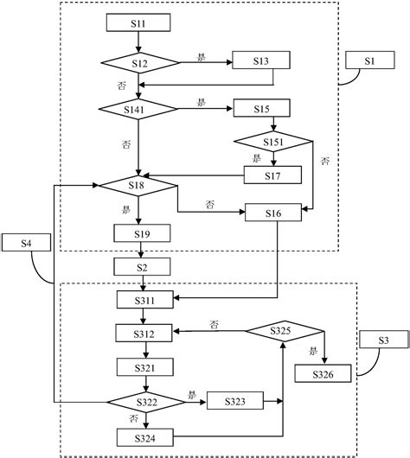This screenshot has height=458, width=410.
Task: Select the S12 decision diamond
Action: [x=139, y=62]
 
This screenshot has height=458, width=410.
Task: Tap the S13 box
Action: [x=261, y=62]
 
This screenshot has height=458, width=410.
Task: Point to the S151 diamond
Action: [x=273, y=141]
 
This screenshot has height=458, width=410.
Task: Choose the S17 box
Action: [x=273, y=174]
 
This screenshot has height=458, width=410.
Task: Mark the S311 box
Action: [x=145, y=299]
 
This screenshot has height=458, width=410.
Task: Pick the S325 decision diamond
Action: [x=282, y=330]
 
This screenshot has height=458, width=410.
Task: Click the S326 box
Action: [x=324, y=372]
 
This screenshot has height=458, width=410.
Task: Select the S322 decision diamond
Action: [x=145, y=402]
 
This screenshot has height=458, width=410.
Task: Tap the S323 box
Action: [x=236, y=402]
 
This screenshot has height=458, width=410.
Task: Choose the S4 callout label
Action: [x=28, y=244]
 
